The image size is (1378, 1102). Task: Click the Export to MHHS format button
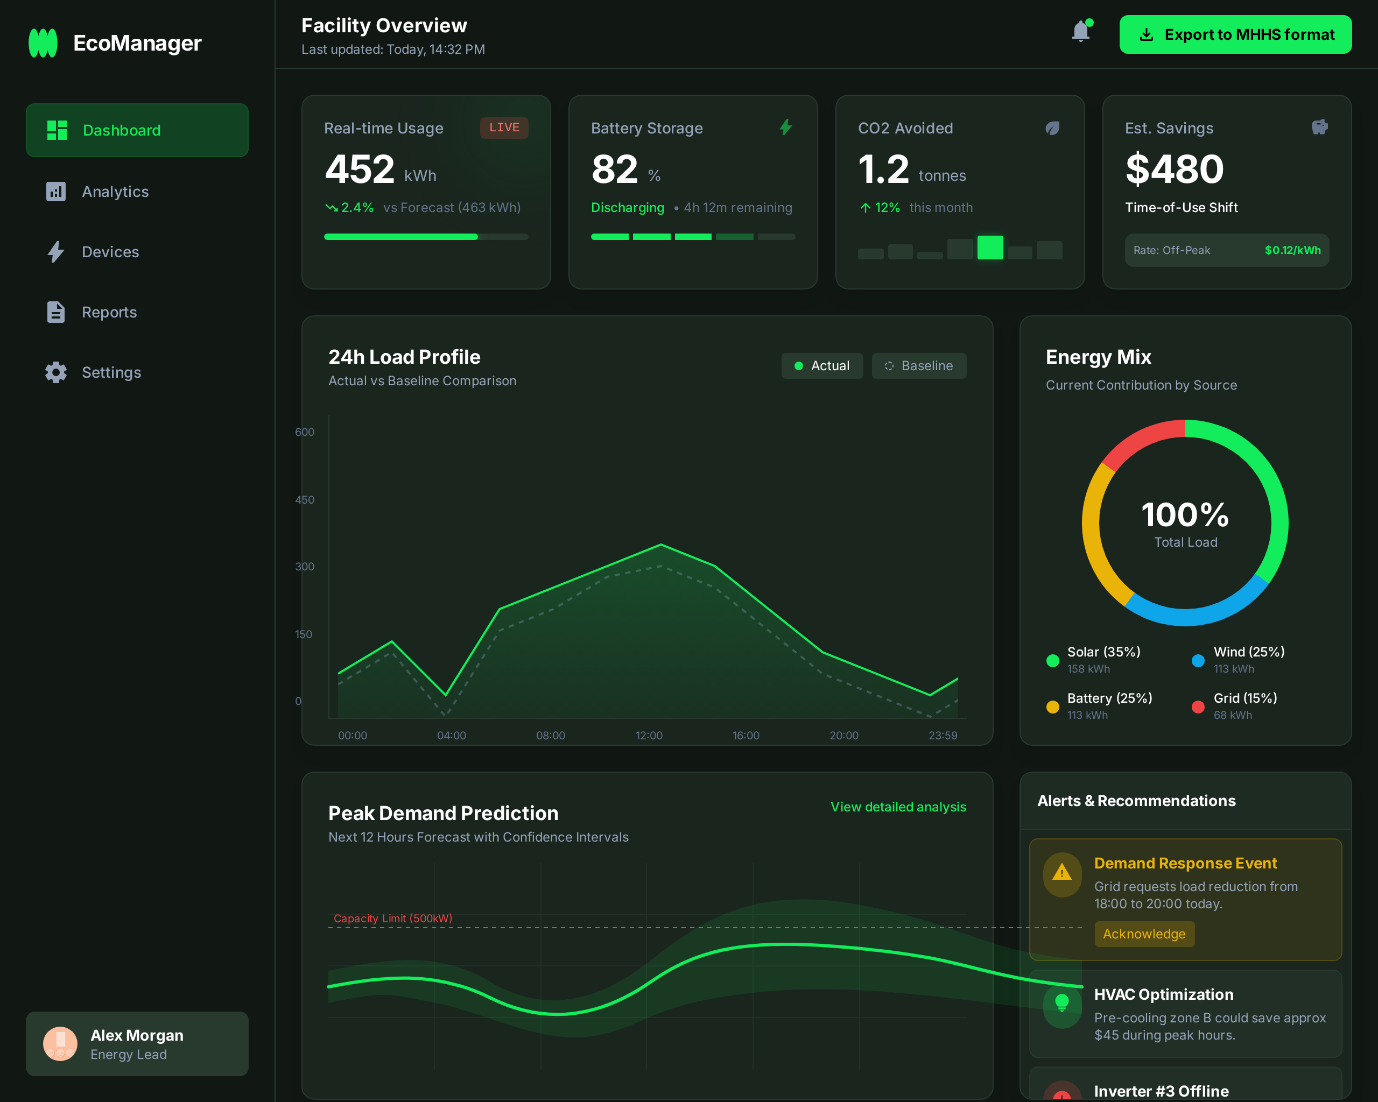coord(1235,34)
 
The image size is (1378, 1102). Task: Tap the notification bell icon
coord(1080,31)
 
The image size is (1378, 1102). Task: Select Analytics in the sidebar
coord(115,192)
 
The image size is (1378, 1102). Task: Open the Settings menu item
coord(111,372)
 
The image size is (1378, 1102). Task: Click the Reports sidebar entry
coord(109,313)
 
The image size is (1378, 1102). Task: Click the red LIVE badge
coord(504,127)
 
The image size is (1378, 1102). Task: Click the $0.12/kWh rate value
coord(1292,250)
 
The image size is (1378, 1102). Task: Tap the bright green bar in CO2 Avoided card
coord(989,247)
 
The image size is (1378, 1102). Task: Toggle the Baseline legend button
coord(918,366)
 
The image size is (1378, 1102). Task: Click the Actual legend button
coord(821,366)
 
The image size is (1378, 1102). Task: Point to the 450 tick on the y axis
coord(304,499)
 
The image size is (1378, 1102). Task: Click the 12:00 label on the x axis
coord(649,736)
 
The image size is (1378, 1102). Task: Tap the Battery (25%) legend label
coord(1109,698)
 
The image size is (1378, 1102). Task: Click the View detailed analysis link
coord(897,807)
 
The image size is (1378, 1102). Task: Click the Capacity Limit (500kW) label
coord(392,918)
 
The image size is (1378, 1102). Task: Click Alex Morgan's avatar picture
coord(60,1043)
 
